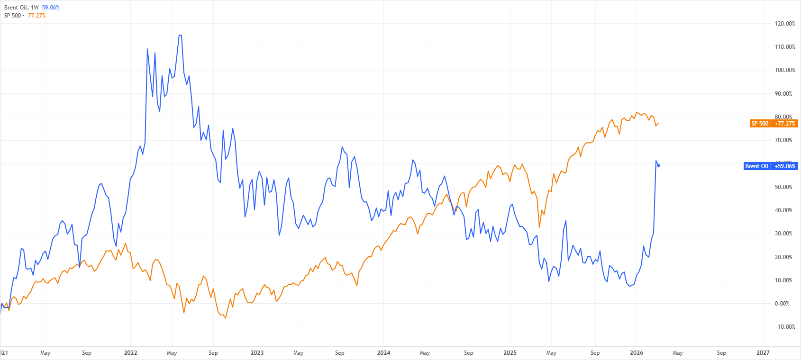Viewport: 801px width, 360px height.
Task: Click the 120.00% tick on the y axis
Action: click(x=784, y=24)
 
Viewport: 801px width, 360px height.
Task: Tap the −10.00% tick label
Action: click(x=784, y=327)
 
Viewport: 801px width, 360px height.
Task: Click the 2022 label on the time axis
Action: click(x=130, y=353)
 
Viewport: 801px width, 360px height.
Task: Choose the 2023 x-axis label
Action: click(x=257, y=353)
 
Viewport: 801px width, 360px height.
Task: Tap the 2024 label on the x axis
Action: click(x=383, y=353)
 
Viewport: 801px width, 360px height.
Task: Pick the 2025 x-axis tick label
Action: click(x=510, y=353)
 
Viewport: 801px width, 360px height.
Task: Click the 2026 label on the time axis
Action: click(x=636, y=353)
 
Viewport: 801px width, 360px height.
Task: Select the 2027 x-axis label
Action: click(x=763, y=353)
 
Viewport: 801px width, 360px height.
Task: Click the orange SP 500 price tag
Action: click(x=760, y=124)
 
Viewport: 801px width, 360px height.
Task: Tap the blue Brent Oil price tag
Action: click(x=756, y=166)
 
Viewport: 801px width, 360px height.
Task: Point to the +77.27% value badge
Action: click(x=785, y=124)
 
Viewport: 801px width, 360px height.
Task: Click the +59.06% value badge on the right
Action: click(x=785, y=166)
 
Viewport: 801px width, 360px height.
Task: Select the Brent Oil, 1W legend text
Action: click(x=21, y=8)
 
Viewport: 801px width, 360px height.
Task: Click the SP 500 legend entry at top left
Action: click(x=13, y=16)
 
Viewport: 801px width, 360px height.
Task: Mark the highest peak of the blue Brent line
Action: click(x=180, y=35)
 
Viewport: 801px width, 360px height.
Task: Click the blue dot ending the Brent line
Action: click(x=658, y=165)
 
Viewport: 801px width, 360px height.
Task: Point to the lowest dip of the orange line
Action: click(x=226, y=318)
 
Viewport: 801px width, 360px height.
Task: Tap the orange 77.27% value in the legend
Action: click(x=37, y=16)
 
